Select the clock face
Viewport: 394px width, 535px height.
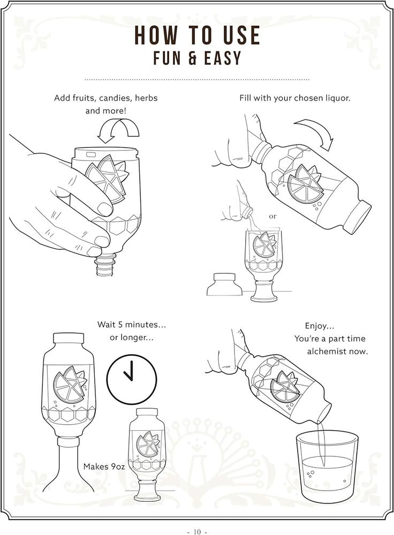[x=132, y=378]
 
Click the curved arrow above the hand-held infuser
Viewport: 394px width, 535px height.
[x=118, y=131]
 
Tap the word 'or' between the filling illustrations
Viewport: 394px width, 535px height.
[x=272, y=216]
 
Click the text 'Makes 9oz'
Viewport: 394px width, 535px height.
[x=104, y=467]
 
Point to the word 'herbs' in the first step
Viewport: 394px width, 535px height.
[x=146, y=98]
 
